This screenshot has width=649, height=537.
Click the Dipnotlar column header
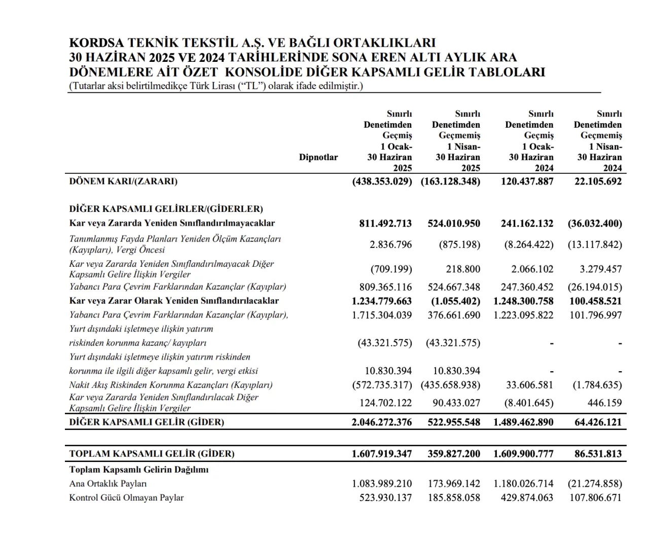[x=318, y=157]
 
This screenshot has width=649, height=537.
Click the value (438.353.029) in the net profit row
[x=382, y=181]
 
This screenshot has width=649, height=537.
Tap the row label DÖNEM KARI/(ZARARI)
[x=123, y=181]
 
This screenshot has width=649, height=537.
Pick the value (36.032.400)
[x=595, y=224]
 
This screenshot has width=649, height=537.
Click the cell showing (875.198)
[x=459, y=244]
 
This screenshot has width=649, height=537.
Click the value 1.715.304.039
[x=382, y=315]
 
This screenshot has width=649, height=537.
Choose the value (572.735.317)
[x=382, y=385]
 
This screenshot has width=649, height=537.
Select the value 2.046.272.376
[x=382, y=422]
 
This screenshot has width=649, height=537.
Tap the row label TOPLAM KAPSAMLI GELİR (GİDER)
[x=152, y=454]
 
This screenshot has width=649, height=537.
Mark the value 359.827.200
[x=454, y=454]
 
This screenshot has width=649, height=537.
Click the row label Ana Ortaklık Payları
[x=108, y=484]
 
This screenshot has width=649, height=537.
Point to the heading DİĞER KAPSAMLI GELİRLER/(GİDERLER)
[x=166, y=209]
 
